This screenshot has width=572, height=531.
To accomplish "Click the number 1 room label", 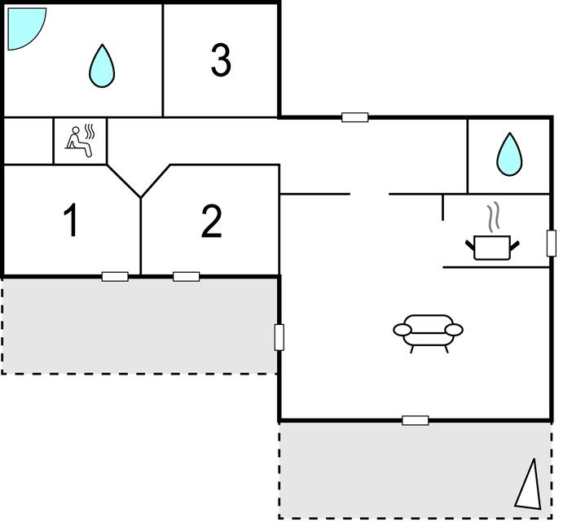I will (x=72, y=221).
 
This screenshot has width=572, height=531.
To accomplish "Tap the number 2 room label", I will (x=211, y=222).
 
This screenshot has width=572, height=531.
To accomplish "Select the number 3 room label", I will (x=221, y=60).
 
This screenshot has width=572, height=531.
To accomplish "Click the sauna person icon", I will (x=80, y=140).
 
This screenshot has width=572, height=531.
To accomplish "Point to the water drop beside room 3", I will (x=101, y=66).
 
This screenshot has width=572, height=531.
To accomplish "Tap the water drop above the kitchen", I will (x=509, y=154).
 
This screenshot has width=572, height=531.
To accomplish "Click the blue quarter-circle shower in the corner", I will (x=24, y=25).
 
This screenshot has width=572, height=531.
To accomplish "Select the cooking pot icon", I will (x=492, y=246).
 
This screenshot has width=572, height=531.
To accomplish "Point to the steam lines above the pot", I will (x=494, y=217).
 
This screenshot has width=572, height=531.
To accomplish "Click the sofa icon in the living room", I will (x=428, y=331).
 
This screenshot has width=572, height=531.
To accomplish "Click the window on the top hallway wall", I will (x=354, y=117).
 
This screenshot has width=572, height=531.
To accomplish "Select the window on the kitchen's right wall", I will (x=552, y=243).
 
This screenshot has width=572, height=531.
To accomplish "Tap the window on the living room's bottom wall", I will (x=416, y=420).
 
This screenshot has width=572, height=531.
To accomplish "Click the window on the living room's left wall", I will (x=279, y=336).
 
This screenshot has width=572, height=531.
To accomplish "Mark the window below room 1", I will (x=115, y=276).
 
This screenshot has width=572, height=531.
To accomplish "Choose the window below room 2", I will (x=187, y=276).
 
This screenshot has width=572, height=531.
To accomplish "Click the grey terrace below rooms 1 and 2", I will (x=139, y=325).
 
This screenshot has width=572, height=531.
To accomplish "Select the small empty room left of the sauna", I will (x=29, y=141).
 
